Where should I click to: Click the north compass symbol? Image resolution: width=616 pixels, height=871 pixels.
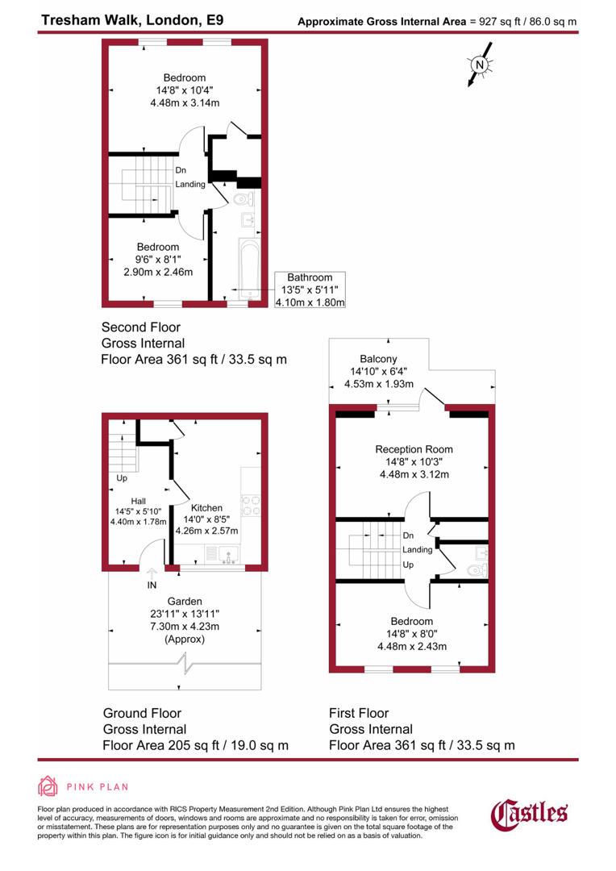tap(480, 65)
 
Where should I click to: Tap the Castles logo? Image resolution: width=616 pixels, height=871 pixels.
tap(530, 814)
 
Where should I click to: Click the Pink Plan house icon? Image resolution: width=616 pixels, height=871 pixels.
tap(48, 786)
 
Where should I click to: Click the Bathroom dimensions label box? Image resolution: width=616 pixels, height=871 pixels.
tap(310, 290)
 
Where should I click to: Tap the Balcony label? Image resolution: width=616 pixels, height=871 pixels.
tap(380, 359)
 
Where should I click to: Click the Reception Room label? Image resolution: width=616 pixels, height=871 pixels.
tap(414, 449)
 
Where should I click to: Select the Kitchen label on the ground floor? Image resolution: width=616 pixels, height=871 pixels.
tap(206, 508)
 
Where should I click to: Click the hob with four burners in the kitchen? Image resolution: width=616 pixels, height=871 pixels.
tap(251, 505)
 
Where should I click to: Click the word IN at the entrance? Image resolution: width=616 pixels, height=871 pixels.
tap(152, 586)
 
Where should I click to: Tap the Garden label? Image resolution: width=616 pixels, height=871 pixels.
tap(184, 602)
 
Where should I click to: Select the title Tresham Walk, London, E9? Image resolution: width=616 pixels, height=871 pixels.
tap(121, 19)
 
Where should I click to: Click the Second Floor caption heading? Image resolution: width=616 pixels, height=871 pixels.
tap(140, 327)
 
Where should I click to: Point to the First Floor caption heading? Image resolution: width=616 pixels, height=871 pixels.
tap(359, 713)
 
